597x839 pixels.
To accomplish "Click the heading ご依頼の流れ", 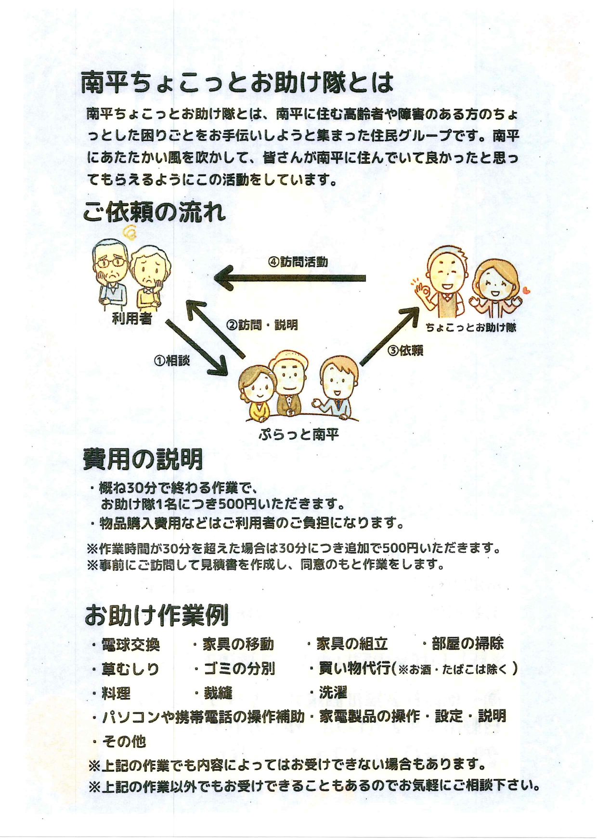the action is tap(154, 212).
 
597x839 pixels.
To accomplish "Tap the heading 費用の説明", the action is tap(143, 459).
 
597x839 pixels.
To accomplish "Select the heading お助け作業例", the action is tap(156, 616).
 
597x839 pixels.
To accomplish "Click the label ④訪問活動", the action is tap(298, 262).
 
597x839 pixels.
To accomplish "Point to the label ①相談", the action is tap(172, 360).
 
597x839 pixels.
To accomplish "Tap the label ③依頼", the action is tap(405, 351).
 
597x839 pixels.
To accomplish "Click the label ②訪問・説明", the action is tap(262, 325).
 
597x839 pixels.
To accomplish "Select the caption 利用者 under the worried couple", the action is tap(132, 318).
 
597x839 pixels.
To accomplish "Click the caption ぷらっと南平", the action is tap(299, 434).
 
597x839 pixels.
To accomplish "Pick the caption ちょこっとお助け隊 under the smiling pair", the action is tap(471, 328).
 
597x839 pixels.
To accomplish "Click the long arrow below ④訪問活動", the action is tap(290, 278).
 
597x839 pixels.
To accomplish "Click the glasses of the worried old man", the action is tap(112, 263).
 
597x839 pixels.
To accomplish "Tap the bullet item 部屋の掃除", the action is tap(463, 643).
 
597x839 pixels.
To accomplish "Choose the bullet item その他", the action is tap(119, 741).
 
